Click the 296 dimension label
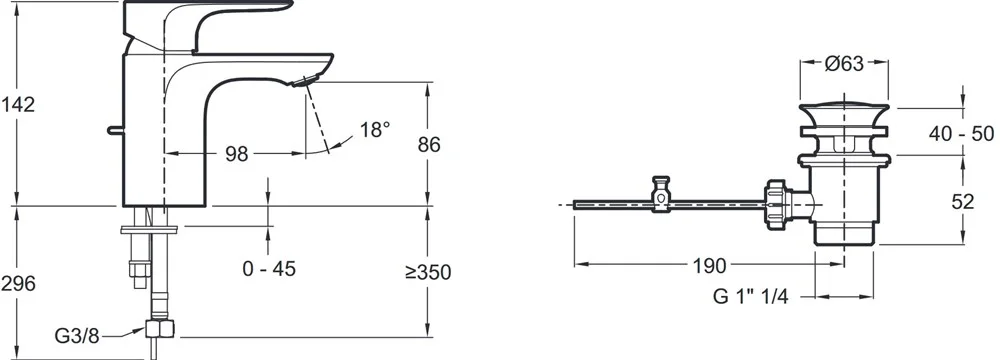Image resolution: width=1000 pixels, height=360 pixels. coord(17,284)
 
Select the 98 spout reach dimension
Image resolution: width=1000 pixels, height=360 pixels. coord(236,154)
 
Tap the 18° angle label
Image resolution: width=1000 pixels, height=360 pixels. coord(374,130)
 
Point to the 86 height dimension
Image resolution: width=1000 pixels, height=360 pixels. coord(429,144)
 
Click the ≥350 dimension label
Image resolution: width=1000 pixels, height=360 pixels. coord(428,272)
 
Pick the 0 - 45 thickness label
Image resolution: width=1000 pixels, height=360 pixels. coord(269,269)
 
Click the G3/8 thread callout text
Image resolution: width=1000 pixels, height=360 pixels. coord(77,336)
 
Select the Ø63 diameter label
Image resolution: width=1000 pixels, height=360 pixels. coord(844,63)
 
